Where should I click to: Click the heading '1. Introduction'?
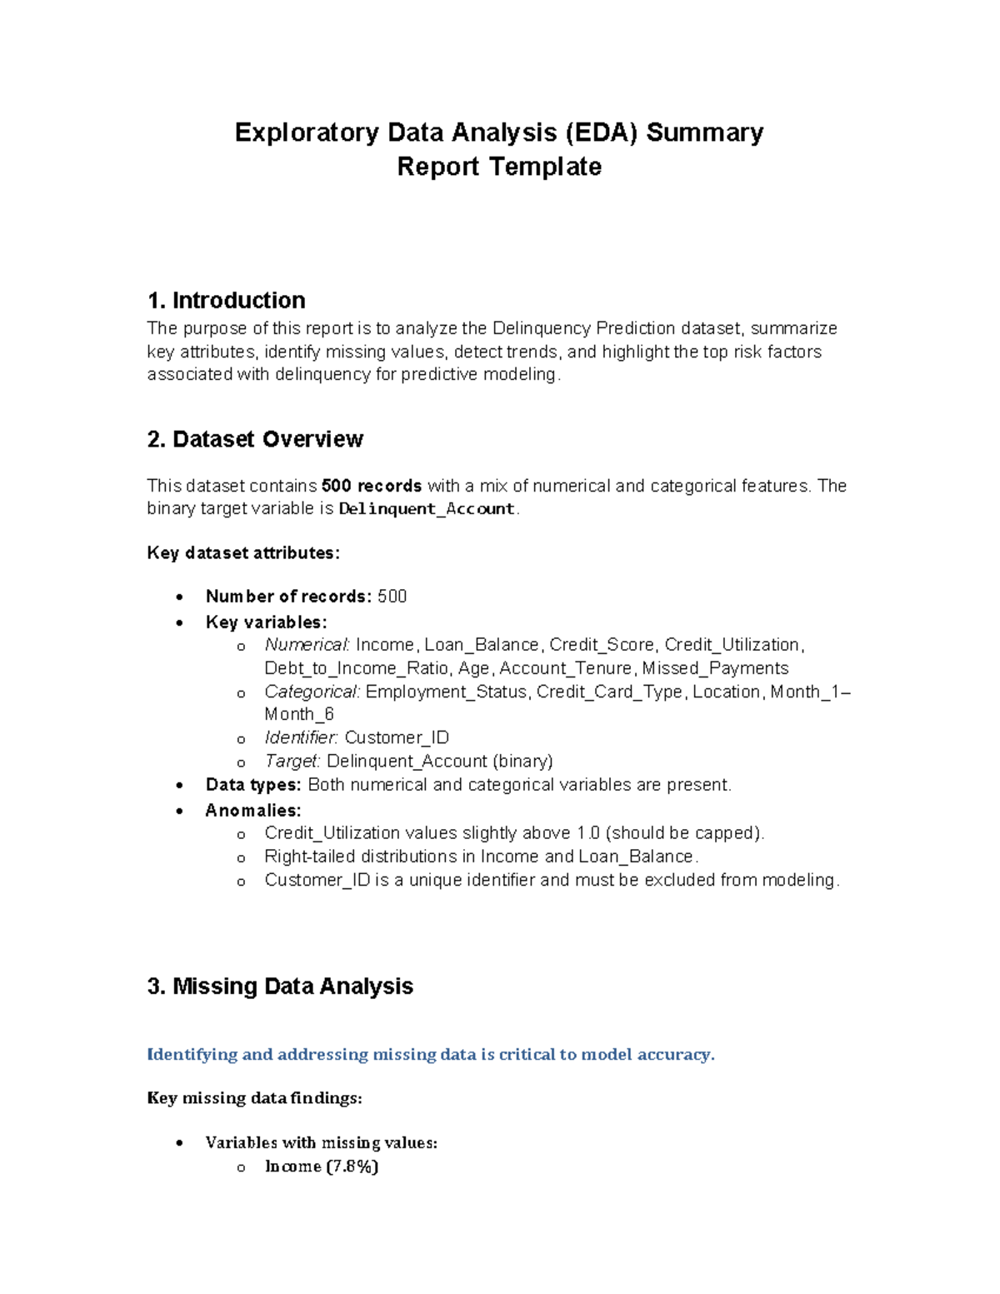coord(226,300)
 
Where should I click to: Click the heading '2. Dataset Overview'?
coord(255,439)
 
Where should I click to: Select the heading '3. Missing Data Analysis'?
coord(280,986)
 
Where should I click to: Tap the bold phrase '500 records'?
coord(372,486)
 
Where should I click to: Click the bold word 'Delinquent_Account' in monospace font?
coord(427,509)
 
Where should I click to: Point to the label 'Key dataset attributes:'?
coord(243,552)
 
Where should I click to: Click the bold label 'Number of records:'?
coord(288,597)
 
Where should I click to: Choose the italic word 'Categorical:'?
coord(312,692)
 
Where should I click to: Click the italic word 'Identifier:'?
coord(302,737)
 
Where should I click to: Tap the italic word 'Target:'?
coord(292,761)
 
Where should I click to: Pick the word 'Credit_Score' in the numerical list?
coord(602,645)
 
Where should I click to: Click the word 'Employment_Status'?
coord(447,692)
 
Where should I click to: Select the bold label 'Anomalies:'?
coord(253,810)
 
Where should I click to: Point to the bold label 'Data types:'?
coord(253,785)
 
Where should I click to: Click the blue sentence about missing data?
coord(431,1054)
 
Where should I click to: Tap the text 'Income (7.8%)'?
coord(322,1167)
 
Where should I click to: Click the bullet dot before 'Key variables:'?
coord(180,622)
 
